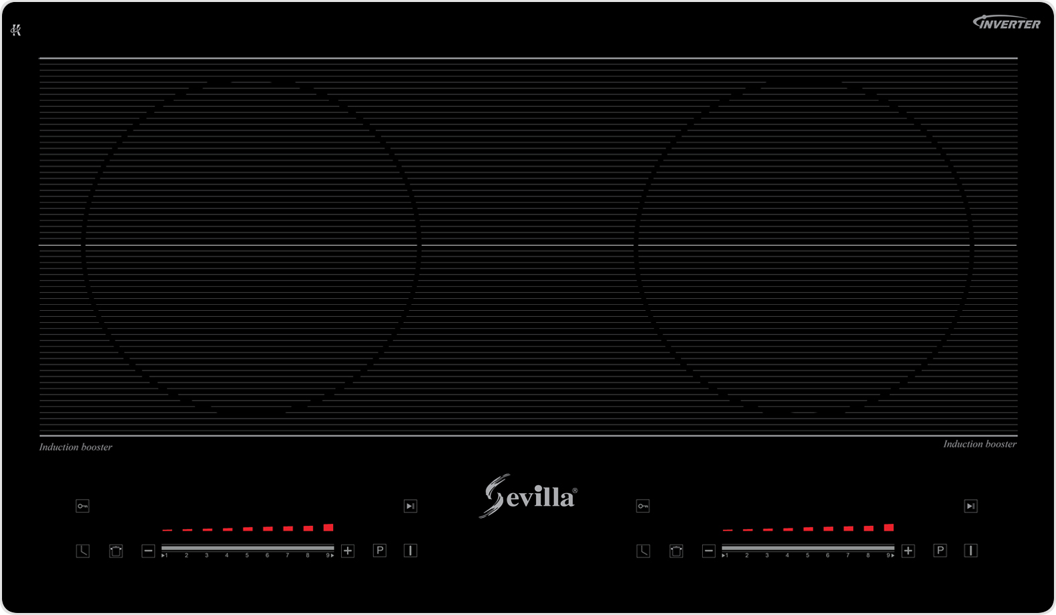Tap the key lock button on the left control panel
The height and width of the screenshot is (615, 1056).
[x=82, y=506]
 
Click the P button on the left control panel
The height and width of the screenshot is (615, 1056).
[x=380, y=551]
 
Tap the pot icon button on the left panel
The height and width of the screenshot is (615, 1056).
[x=116, y=551]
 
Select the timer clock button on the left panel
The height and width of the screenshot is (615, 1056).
[x=82, y=551]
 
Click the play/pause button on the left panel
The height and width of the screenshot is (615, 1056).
[x=411, y=506]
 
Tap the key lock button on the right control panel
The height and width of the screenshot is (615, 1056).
[x=643, y=506]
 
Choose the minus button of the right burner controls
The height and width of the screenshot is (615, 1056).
[x=709, y=551]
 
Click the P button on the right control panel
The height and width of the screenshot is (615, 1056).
[x=940, y=551]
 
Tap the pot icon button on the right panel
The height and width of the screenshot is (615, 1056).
[x=676, y=551]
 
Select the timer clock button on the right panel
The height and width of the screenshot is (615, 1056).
[x=643, y=551]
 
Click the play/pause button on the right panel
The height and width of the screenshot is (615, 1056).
[x=971, y=506]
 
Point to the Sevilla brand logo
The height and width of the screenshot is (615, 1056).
[x=528, y=496]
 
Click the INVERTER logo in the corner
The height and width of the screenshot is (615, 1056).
[x=1006, y=23]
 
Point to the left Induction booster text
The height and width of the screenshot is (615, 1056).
[x=76, y=447]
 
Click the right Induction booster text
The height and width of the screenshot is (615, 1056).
[x=980, y=444]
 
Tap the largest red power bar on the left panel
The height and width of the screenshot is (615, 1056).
[x=328, y=528]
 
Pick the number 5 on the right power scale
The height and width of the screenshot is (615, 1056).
[x=807, y=555]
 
